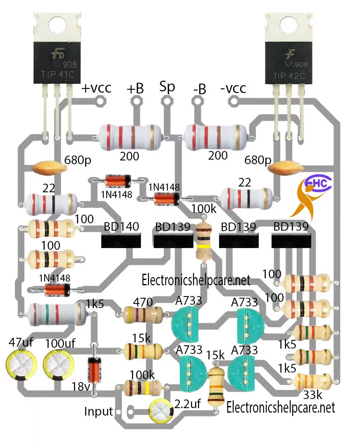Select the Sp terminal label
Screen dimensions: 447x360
coord(167,87)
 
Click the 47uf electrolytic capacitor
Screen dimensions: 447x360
coord(20,365)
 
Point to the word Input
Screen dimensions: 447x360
coord(98,411)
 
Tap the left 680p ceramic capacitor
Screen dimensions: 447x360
coord(49,168)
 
